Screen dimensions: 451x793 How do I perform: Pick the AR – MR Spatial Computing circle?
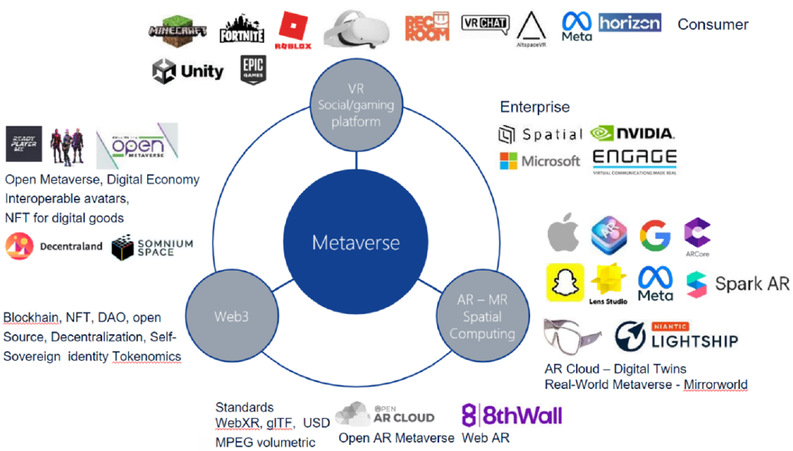click(x=482, y=317)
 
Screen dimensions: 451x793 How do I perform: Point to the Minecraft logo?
click(x=179, y=31)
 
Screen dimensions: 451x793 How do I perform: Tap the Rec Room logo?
click(x=427, y=27)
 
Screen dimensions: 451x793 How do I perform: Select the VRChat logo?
click(x=485, y=23)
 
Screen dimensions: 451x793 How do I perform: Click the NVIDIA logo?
click(x=633, y=133)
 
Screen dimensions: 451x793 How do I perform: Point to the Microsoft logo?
click(x=539, y=161)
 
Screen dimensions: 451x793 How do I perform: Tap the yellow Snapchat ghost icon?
click(x=565, y=282)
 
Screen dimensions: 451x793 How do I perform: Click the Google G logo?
click(x=654, y=235)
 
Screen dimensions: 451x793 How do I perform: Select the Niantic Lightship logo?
click(x=677, y=337)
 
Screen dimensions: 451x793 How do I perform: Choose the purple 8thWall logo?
click(x=511, y=416)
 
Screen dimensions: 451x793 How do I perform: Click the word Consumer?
click(x=713, y=25)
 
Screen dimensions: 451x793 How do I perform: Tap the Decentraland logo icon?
click(x=19, y=247)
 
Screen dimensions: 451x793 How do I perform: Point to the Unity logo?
click(x=188, y=72)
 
